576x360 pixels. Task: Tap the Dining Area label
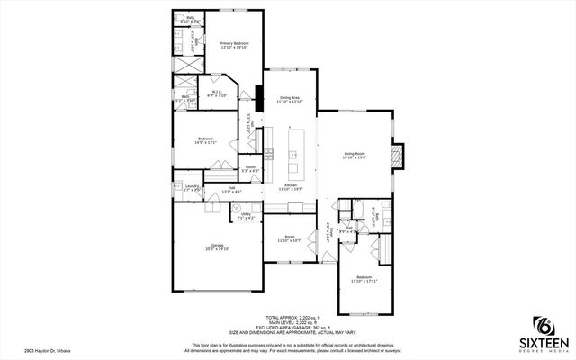click(289, 100)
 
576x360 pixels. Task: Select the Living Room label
click(354, 156)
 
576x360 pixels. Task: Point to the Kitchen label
click(289, 187)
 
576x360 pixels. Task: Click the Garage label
click(217, 247)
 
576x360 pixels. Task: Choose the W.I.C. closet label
click(217, 94)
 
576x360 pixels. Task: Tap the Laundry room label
click(191, 189)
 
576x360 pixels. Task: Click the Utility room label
click(246, 216)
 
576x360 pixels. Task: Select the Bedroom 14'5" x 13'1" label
click(205, 139)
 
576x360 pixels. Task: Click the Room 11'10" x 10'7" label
click(288, 239)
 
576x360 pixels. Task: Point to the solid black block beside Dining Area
click(259, 97)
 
